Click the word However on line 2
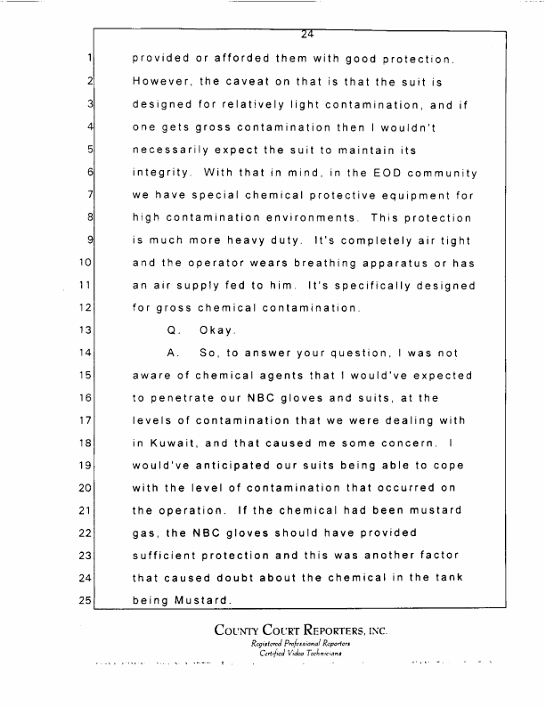(161, 82)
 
